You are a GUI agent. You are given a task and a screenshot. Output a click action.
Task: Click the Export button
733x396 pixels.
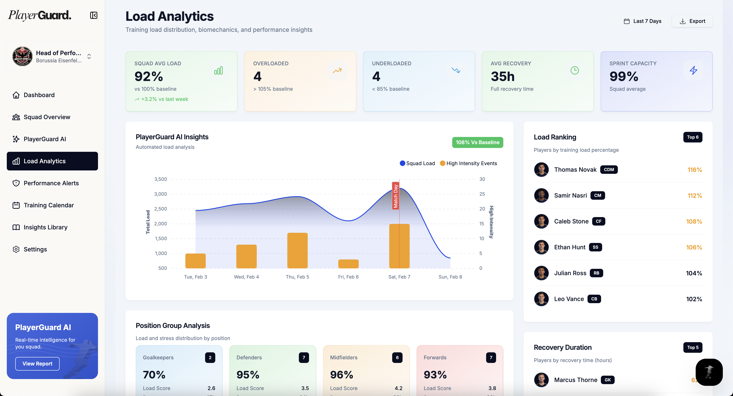click(x=692, y=21)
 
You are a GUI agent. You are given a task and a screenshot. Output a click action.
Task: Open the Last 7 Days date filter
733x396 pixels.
click(x=642, y=21)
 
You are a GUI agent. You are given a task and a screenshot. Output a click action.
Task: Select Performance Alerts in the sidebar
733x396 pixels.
click(x=51, y=183)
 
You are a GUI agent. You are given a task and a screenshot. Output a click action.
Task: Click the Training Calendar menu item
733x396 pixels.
click(x=49, y=205)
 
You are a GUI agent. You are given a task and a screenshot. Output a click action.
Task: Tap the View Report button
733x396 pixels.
click(x=37, y=364)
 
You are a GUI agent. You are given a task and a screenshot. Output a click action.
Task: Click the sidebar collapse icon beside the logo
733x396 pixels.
click(x=94, y=15)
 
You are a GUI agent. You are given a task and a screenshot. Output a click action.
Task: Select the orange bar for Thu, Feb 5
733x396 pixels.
click(x=297, y=250)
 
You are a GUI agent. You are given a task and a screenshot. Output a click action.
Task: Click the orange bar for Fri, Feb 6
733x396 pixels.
click(x=348, y=264)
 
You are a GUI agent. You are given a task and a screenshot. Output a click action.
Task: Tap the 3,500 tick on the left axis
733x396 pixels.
click(x=161, y=179)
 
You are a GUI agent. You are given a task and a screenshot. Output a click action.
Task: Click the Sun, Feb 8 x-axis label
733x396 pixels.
click(x=450, y=277)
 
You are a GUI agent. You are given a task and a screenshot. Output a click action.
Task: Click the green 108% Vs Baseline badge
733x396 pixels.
click(x=477, y=142)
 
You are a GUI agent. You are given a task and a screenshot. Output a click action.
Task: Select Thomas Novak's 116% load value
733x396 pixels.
click(x=695, y=170)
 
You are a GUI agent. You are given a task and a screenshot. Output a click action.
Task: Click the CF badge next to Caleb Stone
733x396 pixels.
click(x=598, y=221)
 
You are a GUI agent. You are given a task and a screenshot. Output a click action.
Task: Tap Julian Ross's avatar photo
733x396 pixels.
click(x=541, y=273)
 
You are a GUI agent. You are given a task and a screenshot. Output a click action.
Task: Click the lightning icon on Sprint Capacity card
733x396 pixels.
click(x=694, y=70)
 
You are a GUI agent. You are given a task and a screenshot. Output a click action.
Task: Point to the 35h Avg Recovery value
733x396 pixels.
click(x=502, y=76)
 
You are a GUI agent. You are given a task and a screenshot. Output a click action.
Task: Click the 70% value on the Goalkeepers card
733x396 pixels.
click(x=154, y=375)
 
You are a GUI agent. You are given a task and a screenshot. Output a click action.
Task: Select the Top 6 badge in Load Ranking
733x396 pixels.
click(x=692, y=137)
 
